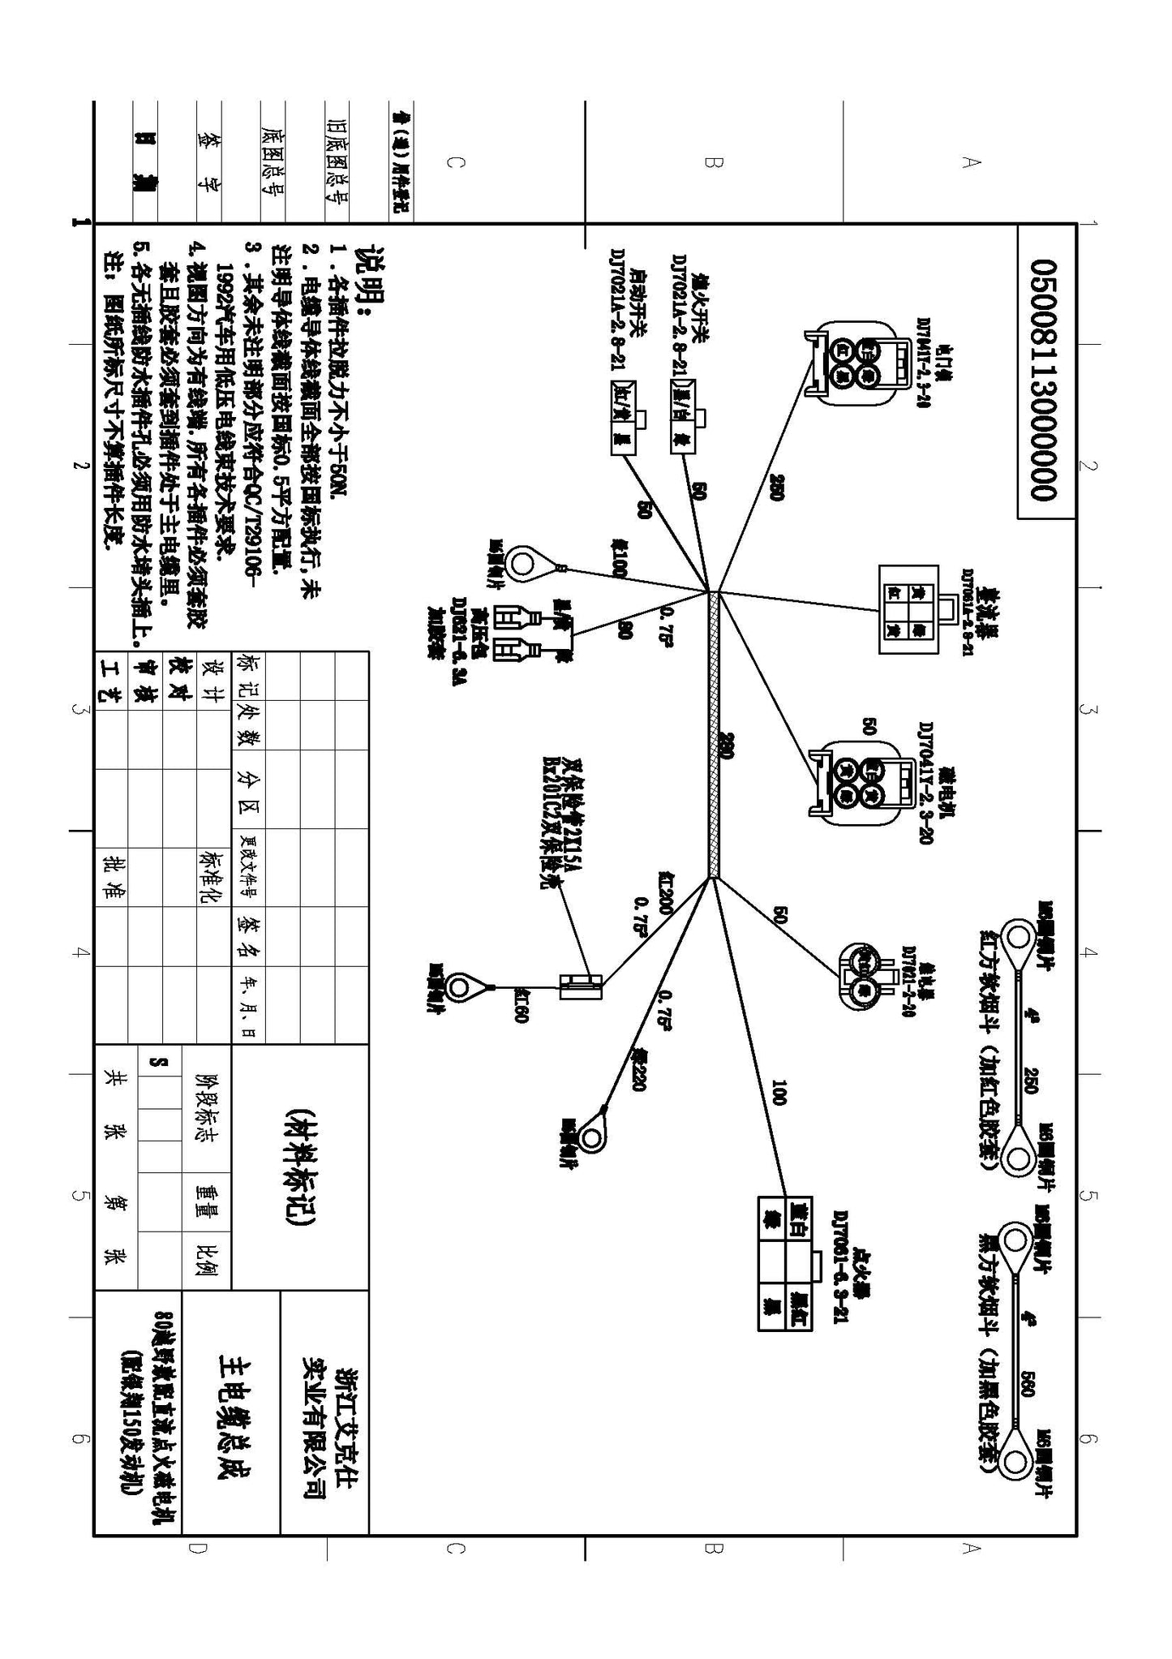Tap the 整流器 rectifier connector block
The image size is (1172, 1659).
[x=908, y=609]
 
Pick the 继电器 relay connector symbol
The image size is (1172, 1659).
[x=864, y=977]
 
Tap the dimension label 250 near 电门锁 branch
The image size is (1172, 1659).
[x=775, y=487]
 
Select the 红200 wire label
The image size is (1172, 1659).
[x=665, y=892]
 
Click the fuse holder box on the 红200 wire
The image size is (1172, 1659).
[x=581, y=986]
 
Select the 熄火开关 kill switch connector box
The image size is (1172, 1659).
[x=681, y=415]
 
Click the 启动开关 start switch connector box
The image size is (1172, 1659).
[x=625, y=417]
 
